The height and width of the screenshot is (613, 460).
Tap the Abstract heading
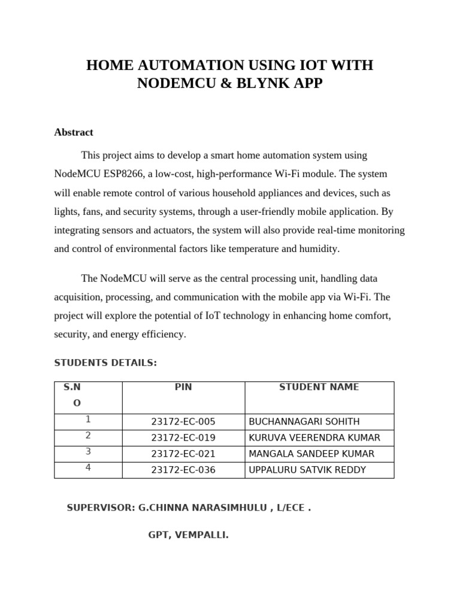pyautogui.click(x=74, y=132)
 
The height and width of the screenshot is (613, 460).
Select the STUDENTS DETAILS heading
pyautogui.click(x=105, y=363)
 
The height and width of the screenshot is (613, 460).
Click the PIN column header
pyautogui.click(x=183, y=387)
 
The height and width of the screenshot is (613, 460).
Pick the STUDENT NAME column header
pyautogui.click(x=319, y=387)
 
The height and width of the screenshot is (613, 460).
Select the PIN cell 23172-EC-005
pyautogui.click(x=183, y=422)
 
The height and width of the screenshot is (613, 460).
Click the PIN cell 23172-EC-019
pyautogui.click(x=183, y=438)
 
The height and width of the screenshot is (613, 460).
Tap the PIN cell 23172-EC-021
pyautogui.click(x=183, y=454)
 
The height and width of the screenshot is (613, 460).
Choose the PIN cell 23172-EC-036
pyautogui.click(x=183, y=471)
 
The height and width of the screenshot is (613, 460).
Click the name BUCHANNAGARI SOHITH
pyautogui.click(x=304, y=422)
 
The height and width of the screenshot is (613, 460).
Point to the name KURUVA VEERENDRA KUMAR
pyautogui.click(x=314, y=438)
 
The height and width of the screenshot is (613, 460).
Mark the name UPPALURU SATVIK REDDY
pyautogui.click(x=307, y=471)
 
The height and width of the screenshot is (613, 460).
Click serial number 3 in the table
pyautogui.click(x=88, y=452)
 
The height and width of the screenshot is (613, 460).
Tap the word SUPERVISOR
pyautogui.click(x=100, y=508)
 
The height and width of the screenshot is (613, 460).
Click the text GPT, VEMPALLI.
pyautogui.click(x=189, y=535)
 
